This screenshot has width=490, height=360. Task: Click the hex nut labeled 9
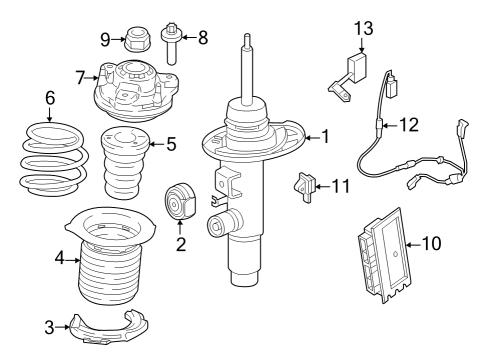[137, 42]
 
